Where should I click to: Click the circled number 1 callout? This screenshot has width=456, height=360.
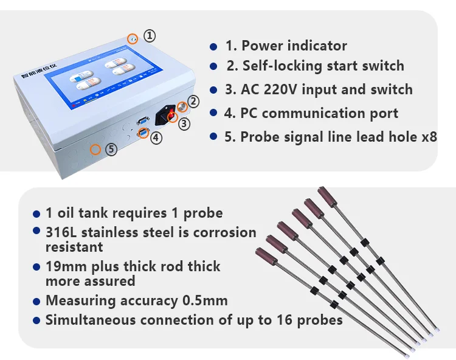[150, 36]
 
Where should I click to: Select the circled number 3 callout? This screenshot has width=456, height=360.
[184, 123]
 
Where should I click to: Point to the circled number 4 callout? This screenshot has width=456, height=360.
[156, 138]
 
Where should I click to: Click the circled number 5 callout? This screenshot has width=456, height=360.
[111, 148]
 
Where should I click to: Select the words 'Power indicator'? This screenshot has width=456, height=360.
[294, 46]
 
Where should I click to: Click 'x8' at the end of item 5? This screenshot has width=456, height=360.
[429, 136]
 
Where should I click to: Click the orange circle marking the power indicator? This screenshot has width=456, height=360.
[132, 39]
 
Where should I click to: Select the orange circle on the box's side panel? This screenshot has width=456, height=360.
[95, 149]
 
